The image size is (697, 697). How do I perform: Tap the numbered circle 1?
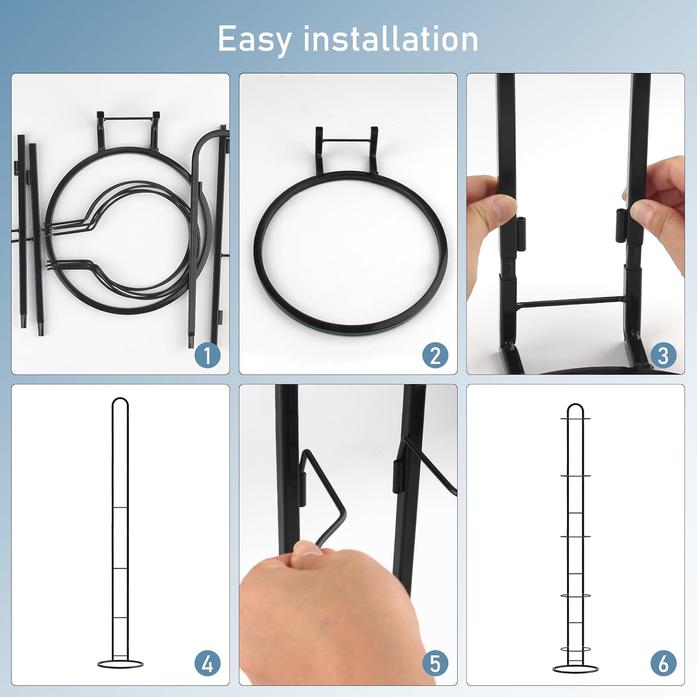click(207, 355)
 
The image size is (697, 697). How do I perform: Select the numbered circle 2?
click(435, 355)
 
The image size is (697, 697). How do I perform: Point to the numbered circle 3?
click(663, 355)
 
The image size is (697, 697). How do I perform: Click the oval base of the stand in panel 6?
click(575, 669)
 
